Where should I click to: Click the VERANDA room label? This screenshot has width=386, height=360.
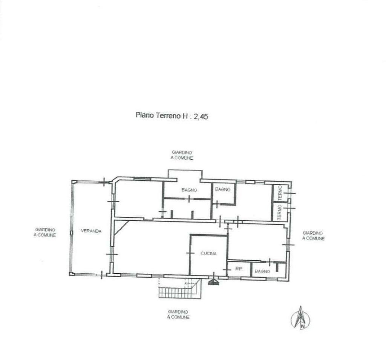(x=91, y=231)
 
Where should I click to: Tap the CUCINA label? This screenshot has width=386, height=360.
(x=208, y=253)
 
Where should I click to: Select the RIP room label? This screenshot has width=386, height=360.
(x=239, y=269)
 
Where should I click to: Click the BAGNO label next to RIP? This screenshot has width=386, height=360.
(x=262, y=271)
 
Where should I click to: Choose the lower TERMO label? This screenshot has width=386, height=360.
(x=280, y=212)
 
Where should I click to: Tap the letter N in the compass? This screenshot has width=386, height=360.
(x=302, y=326)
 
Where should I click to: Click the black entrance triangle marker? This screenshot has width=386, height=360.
(x=214, y=282)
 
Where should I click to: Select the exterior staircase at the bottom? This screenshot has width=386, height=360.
(x=180, y=289)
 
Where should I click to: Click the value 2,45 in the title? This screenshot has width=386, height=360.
(x=201, y=117)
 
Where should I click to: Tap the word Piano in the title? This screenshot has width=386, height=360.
(x=145, y=115)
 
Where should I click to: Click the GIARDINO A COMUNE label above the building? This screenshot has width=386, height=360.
(x=182, y=155)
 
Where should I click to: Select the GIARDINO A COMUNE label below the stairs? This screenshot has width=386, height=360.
(x=178, y=314)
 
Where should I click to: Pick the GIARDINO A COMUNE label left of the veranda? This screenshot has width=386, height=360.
(x=45, y=232)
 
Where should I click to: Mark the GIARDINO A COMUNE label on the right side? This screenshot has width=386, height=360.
(x=313, y=236)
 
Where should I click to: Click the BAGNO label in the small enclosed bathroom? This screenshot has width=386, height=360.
(x=223, y=189)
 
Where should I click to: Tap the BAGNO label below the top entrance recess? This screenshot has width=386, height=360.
(x=189, y=190)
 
